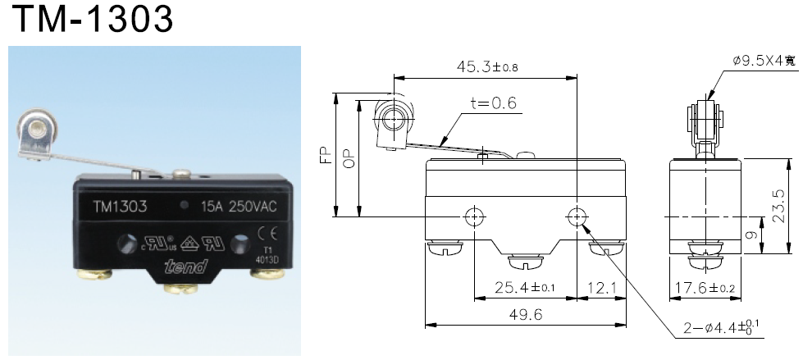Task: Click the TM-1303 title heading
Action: (89, 20)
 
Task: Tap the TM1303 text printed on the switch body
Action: (120, 207)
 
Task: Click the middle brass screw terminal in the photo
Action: (177, 289)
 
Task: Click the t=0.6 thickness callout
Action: (494, 103)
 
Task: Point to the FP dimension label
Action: (325, 156)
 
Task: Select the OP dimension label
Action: (349, 157)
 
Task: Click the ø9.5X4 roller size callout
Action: (762, 60)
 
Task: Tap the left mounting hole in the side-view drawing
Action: (474, 216)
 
